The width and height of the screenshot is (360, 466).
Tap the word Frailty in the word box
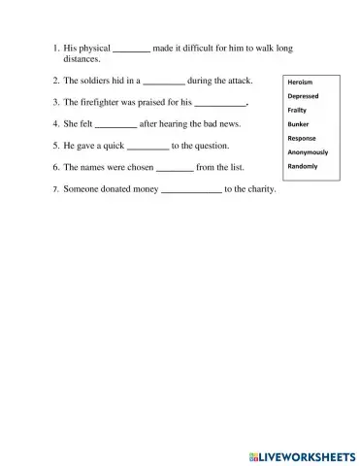(297, 111)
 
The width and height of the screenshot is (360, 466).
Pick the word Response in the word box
(302, 139)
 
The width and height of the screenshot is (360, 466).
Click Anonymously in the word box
(309, 152)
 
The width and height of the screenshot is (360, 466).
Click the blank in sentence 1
(132, 50)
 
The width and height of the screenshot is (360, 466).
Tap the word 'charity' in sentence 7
(259, 189)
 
